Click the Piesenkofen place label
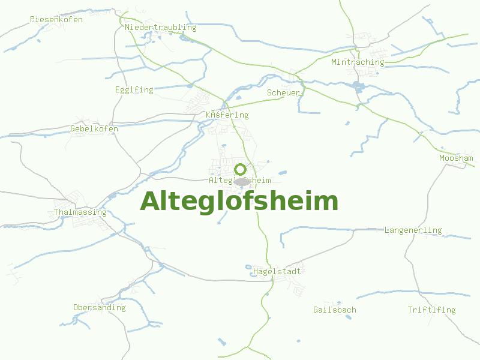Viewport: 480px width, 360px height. [56, 20]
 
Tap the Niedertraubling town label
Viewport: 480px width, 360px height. [161, 28]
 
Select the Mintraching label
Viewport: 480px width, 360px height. [358, 62]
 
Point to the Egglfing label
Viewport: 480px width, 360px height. [134, 90]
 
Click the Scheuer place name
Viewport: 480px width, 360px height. [283, 93]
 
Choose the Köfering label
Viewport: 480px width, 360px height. [227, 115]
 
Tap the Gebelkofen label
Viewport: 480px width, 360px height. [94, 129]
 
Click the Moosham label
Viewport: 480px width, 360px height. [456, 158]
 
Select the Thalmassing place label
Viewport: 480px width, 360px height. [80, 212]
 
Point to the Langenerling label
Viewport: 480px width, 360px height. [413, 230]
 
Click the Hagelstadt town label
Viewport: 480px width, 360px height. [277, 272]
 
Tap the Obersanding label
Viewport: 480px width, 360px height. [100, 308]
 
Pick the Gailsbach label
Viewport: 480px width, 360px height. [335, 310]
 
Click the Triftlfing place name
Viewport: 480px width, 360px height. [431, 310]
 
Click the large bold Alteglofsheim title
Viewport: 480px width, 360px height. [239, 202]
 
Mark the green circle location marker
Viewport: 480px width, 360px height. [241, 169]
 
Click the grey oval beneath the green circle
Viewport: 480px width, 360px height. [242, 182]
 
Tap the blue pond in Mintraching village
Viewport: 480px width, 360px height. [359, 86]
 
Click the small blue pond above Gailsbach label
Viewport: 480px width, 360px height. [339, 302]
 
